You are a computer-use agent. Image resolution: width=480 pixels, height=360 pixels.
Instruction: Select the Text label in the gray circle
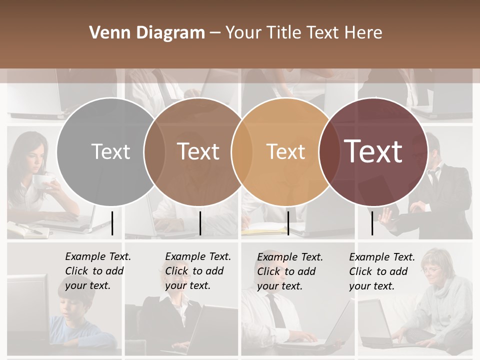coord(110,151)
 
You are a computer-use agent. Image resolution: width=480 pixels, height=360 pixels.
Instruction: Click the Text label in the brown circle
coord(198,151)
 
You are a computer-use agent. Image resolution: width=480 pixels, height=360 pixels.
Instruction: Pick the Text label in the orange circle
coord(285,151)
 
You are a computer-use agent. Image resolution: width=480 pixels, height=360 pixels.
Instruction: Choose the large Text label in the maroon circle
coord(373,151)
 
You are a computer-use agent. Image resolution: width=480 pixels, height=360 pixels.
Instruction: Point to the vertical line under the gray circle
coord(112,223)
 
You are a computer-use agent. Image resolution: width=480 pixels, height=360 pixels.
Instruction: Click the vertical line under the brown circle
coord(200,223)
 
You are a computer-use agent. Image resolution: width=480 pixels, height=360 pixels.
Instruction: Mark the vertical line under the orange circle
coord(288,223)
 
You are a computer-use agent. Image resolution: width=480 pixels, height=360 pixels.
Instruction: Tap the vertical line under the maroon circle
coord(372,223)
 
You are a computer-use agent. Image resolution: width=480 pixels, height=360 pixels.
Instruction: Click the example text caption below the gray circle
coord(97,271)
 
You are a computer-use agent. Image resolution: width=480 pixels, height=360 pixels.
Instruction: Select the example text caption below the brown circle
coord(197,271)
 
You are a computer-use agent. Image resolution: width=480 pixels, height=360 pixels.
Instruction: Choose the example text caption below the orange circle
coord(289,271)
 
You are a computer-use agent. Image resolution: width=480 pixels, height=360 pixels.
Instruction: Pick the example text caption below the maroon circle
coord(381,271)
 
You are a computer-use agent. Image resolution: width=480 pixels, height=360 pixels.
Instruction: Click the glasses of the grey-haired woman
coord(430,270)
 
